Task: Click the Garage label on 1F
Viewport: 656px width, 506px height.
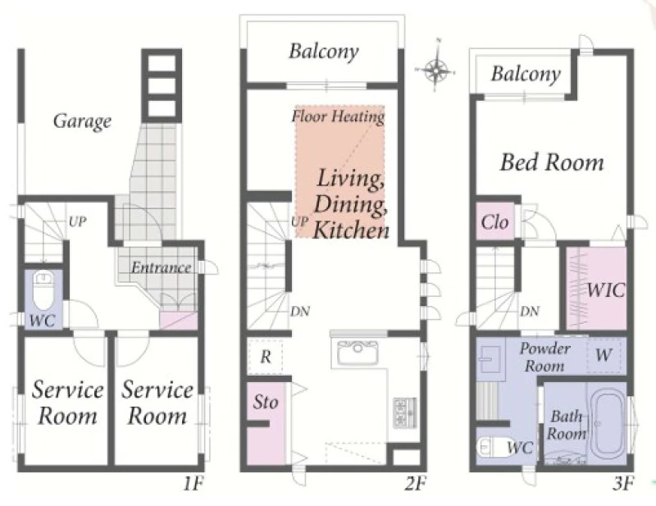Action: (x=83, y=122)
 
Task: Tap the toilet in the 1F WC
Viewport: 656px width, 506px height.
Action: (x=43, y=289)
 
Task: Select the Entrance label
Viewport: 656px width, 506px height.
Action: (x=161, y=267)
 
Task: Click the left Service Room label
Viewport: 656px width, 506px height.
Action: (x=67, y=403)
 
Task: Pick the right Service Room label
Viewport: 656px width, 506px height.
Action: (x=157, y=403)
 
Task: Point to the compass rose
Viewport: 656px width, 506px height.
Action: (x=436, y=70)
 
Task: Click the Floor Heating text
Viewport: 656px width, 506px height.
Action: (x=338, y=116)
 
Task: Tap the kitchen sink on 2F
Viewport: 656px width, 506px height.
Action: (x=358, y=352)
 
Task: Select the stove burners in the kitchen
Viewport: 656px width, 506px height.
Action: (x=405, y=413)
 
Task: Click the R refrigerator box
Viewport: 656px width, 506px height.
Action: (x=265, y=357)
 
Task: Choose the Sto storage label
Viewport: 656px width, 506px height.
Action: (x=265, y=402)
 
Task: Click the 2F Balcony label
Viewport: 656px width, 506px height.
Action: (x=324, y=52)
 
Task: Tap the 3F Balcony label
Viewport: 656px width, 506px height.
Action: (x=526, y=75)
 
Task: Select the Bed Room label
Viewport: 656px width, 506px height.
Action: (x=552, y=162)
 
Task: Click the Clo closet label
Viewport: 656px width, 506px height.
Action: (x=495, y=221)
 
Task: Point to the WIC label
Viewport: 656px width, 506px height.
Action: (x=606, y=289)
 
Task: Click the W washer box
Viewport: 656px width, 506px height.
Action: (x=604, y=354)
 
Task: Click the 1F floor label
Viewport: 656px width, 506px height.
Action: (x=193, y=484)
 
